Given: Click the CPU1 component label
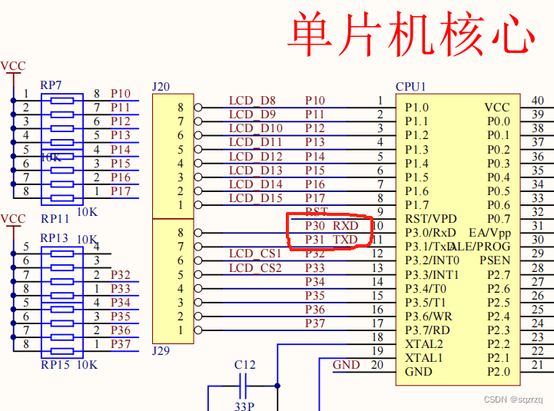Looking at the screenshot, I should pos(410,87).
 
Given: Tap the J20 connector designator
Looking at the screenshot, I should pos(161,87).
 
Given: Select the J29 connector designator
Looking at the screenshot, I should pos(161,350).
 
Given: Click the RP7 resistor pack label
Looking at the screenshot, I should pos(51,85).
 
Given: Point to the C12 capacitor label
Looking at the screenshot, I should pos(245,364).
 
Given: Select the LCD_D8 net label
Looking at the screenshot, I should pos(252,101).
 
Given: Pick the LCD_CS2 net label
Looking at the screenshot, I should pos(255,268).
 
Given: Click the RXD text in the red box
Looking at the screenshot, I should pos(345,226).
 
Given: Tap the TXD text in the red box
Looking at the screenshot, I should pos(345,240).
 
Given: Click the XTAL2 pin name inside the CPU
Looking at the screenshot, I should pos(423,344).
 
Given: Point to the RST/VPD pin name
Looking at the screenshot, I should pos(430,219).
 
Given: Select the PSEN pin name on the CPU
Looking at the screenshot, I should pos(495,260).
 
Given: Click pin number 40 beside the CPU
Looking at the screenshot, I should pos(538,101).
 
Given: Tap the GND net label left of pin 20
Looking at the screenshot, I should pos(346,365).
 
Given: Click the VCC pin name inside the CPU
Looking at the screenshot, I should pos(497,108).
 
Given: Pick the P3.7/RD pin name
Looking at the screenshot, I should pos(428,330).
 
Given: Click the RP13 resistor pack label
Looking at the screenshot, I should pos(55,238).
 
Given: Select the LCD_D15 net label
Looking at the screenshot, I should pos(255,198).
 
